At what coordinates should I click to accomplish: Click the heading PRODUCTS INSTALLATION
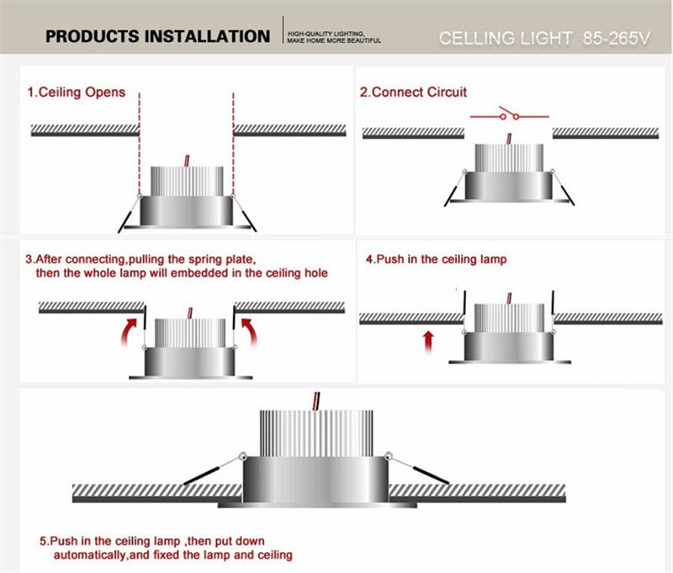(157, 36)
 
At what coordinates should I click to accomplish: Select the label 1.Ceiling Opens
(77, 92)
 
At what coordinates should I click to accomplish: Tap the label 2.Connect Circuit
(414, 92)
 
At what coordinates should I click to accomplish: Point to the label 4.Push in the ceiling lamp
(437, 259)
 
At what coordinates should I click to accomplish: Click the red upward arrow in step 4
(428, 340)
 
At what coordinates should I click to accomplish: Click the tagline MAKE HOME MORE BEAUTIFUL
(334, 41)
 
